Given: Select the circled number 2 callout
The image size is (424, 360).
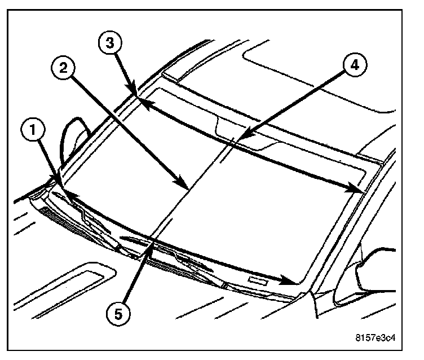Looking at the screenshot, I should (64, 68).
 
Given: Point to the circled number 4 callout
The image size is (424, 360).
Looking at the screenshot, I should (352, 65).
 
